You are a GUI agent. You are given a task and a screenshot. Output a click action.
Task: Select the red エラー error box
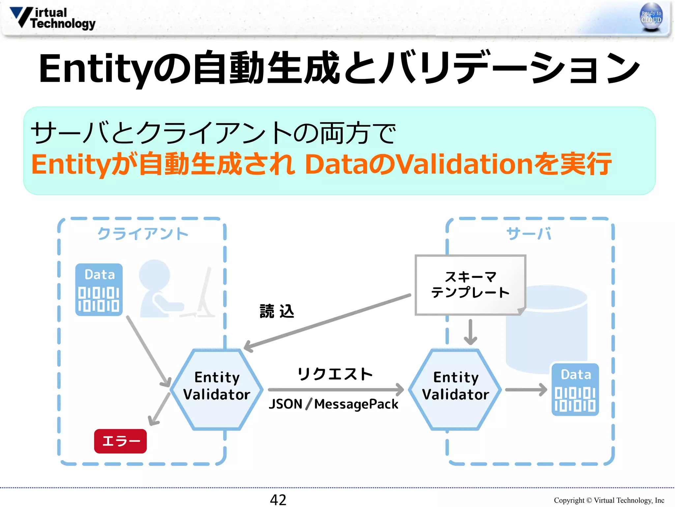[120, 441]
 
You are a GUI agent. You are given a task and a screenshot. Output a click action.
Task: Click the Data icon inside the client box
[99, 289]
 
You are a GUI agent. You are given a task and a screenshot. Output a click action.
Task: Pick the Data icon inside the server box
[575, 389]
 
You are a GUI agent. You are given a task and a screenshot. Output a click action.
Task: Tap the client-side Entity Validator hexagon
[217, 389]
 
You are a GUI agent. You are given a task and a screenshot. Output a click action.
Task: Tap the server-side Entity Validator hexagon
[455, 389]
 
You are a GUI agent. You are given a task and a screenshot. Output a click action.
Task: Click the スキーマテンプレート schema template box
[470, 285]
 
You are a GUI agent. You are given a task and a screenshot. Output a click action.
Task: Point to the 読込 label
[277, 311]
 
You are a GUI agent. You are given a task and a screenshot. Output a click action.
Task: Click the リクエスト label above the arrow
[335, 374]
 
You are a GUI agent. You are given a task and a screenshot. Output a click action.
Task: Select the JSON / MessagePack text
[334, 404]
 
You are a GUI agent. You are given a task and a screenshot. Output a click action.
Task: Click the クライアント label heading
[143, 234]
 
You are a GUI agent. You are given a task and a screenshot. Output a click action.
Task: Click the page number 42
[278, 499]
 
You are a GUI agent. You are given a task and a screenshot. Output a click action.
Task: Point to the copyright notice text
[609, 500]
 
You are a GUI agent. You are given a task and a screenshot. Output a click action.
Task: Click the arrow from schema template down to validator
[470, 332]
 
